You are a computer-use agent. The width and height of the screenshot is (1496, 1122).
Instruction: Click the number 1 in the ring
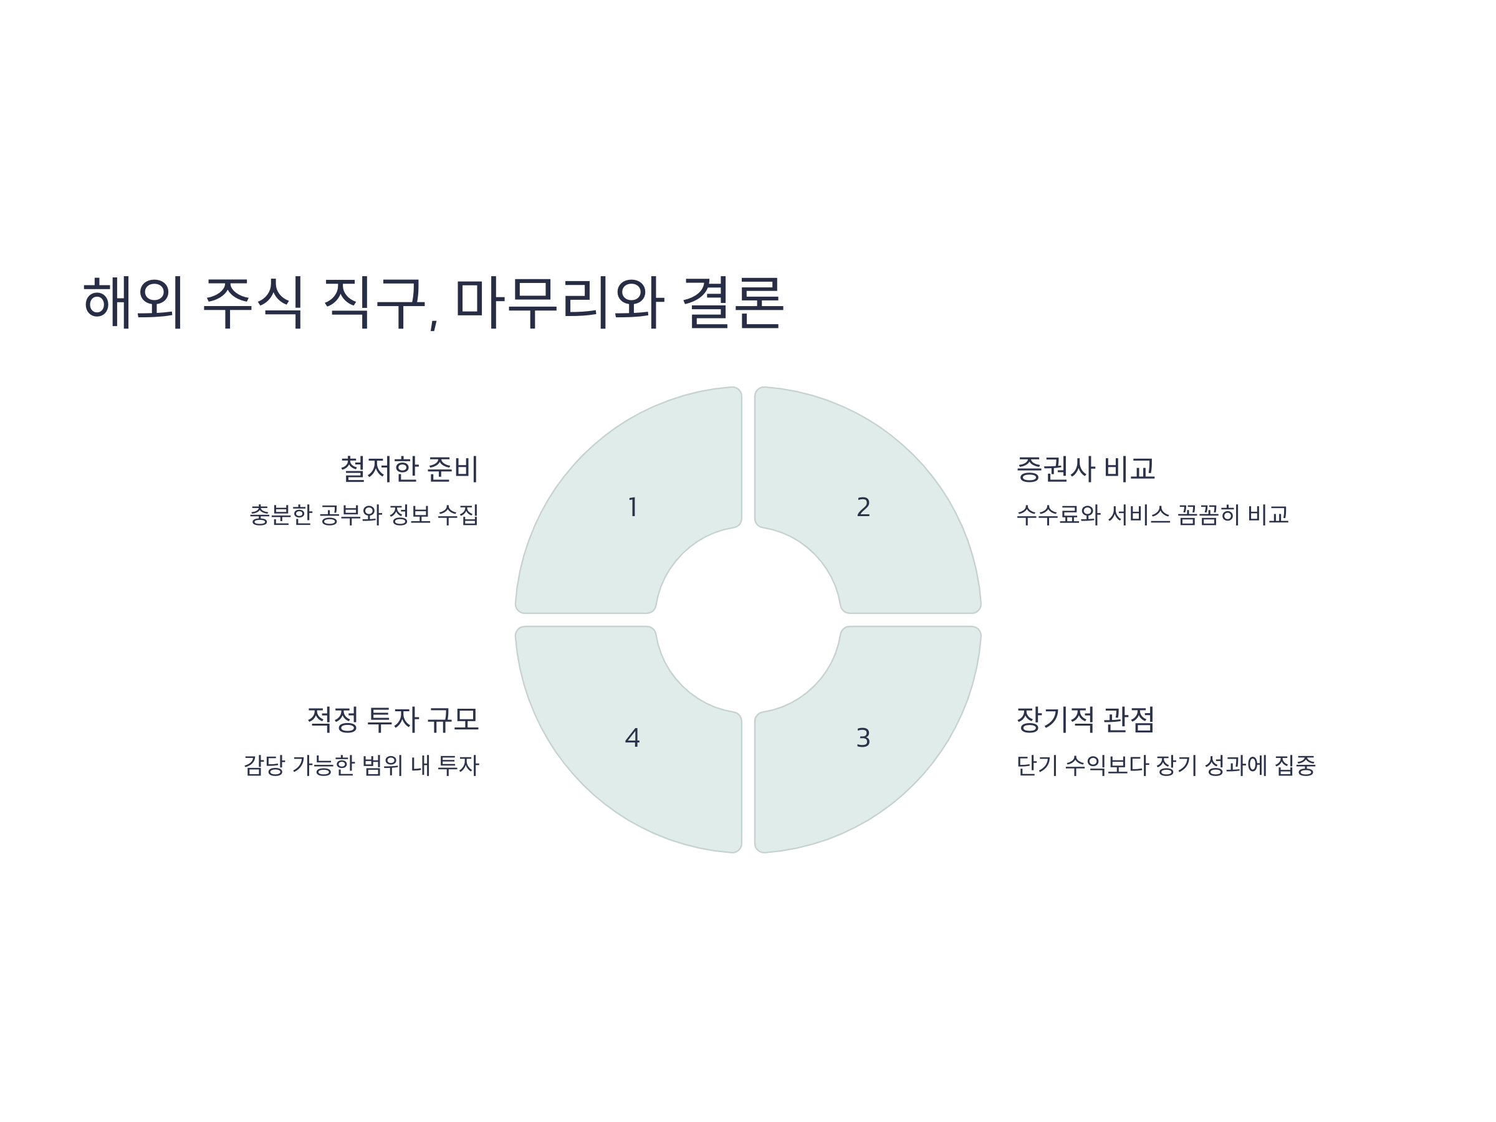click(x=632, y=507)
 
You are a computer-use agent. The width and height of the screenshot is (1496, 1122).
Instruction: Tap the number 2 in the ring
click(x=863, y=507)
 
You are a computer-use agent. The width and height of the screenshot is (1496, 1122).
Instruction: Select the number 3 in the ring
click(x=863, y=738)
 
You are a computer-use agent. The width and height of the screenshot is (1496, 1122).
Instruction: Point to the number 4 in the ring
click(x=632, y=738)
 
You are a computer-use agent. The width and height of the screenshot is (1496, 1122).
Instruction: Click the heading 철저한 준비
click(x=409, y=469)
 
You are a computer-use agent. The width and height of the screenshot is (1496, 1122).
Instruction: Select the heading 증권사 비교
click(x=1085, y=469)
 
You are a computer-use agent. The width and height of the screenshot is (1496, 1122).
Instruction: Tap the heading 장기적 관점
click(x=1085, y=719)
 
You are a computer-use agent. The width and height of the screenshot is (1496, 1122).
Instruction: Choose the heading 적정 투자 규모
click(x=393, y=719)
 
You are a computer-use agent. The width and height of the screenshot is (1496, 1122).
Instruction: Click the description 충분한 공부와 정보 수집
click(x=364, y=515)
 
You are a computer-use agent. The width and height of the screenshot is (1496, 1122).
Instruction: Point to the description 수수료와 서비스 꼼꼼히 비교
click(x=1153, y=515)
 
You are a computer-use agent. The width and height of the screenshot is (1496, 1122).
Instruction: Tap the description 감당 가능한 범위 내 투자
click(x=361, y=765)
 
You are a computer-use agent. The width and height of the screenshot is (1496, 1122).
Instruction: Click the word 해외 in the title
click(x=133, y=302)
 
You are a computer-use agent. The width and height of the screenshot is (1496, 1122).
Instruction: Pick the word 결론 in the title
click(x=732, y=302)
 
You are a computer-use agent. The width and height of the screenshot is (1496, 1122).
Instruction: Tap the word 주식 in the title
click(x=253, y=302)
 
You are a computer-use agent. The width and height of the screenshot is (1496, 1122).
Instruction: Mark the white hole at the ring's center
click(x=748, y=620)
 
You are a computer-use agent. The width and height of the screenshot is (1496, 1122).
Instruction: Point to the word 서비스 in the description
click(x=1138, y=515)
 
